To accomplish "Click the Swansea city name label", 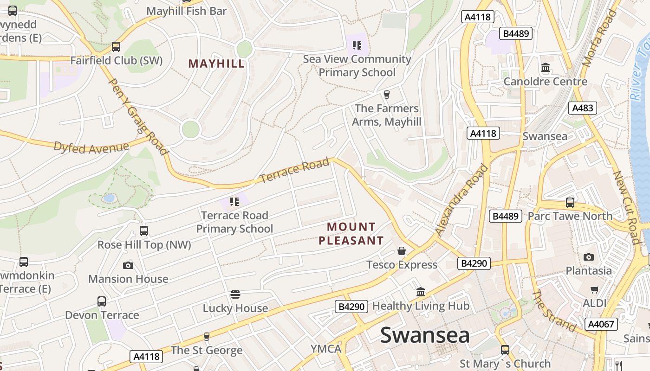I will tap(425, 335).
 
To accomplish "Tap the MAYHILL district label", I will tap(216, 64).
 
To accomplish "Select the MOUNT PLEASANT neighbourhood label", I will tap(351, 234).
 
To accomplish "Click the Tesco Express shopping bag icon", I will tap(402, 251).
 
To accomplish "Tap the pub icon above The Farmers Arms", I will tap(386, 95).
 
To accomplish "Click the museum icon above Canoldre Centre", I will tap(546, 68).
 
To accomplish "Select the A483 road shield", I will tap(582, 108).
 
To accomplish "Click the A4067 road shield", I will tap(601, 324).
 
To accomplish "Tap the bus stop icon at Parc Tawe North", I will tap(570, 203).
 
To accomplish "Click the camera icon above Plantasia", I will tap(588, 257).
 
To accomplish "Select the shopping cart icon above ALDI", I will tap(594, 290).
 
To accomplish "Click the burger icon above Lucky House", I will tap(235, 294).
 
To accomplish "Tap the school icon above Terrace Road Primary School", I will tap(234, 201).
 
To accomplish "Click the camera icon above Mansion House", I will tap(128, 265).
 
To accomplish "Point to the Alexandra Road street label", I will tap(462, 199).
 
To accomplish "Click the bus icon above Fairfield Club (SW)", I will tap(116, 47).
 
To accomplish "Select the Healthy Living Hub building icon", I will tap(421, 292).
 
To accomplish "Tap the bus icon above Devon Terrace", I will tap(102, 301).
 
